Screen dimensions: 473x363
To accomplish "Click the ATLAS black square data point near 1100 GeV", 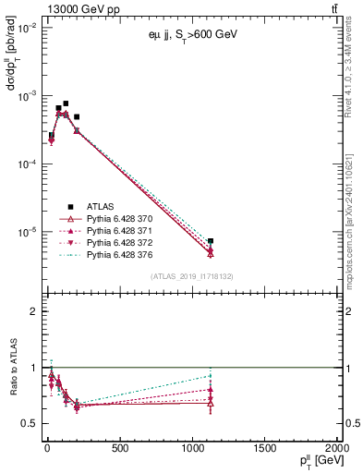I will (211, 241).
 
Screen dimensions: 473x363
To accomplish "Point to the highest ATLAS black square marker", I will (66, 103).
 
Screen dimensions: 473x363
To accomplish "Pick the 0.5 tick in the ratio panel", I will (28, 423).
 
